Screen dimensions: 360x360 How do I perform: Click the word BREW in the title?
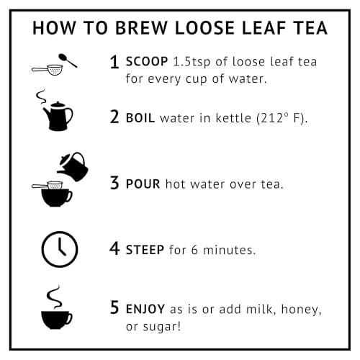(141, 28)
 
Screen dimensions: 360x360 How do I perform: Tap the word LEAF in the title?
(264, 28)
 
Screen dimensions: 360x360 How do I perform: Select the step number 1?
(114, 62)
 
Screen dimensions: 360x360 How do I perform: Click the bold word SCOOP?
(147, 61)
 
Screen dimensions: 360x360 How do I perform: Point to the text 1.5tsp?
(192, 62)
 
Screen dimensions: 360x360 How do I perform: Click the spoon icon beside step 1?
(68, 60)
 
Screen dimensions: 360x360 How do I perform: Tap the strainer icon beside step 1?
(48, 70)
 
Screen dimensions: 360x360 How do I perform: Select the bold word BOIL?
(140, 118)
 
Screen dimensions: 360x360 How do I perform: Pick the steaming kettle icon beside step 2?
(55, 110)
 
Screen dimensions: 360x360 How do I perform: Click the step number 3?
(114, 183)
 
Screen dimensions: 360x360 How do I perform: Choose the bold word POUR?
(143, 184)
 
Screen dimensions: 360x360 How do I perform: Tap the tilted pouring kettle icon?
(73, 166)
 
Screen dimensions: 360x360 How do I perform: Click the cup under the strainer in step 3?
(57, 198)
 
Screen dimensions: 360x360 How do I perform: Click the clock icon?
(60, 249)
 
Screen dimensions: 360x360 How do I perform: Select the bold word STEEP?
(145, 250)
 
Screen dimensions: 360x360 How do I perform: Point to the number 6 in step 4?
(194, 250)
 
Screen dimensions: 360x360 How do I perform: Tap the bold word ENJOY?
(145, 309)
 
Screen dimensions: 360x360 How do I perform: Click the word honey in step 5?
(301, 310)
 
